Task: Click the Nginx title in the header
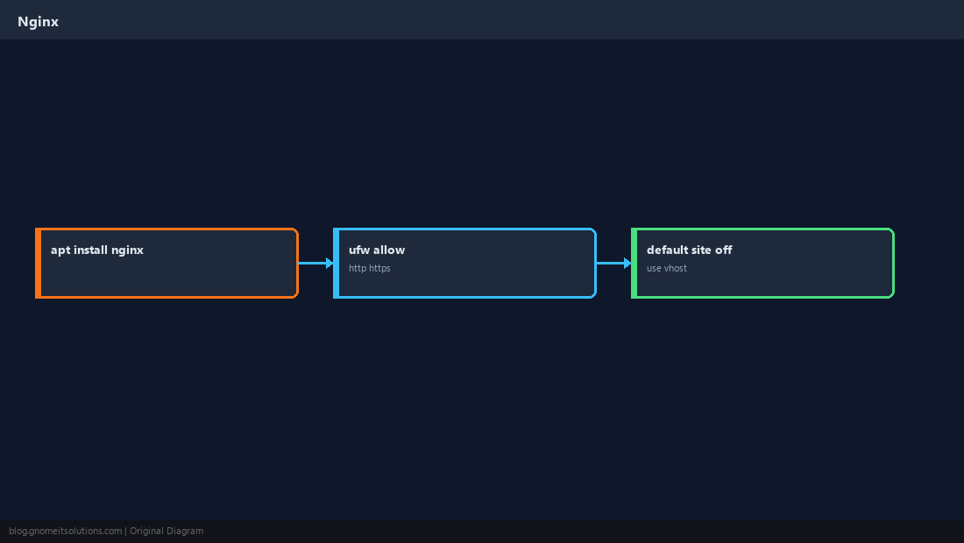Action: coord(38,22)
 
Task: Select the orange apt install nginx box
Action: coord(167,263)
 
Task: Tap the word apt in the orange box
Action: coord(60,250)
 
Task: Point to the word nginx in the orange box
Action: coord(127,250)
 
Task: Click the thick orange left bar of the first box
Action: coord(38,263)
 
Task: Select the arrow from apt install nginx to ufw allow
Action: coord(316,263)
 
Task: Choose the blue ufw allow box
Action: coord(464,263)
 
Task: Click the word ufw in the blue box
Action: coord(359,250)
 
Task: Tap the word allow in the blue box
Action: coord(389,250)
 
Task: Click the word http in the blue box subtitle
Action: coord(358,268)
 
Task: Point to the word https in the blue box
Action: coord(380,268)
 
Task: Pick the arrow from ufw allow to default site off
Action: coord(614,263)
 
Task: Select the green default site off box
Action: coord(763,263)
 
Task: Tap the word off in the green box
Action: coord(724,250)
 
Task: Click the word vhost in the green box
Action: coord(676,268)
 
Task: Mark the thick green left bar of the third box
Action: coord(634,263)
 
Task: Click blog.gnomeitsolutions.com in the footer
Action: coord(65,532)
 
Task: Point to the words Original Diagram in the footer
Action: coord(167,532)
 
